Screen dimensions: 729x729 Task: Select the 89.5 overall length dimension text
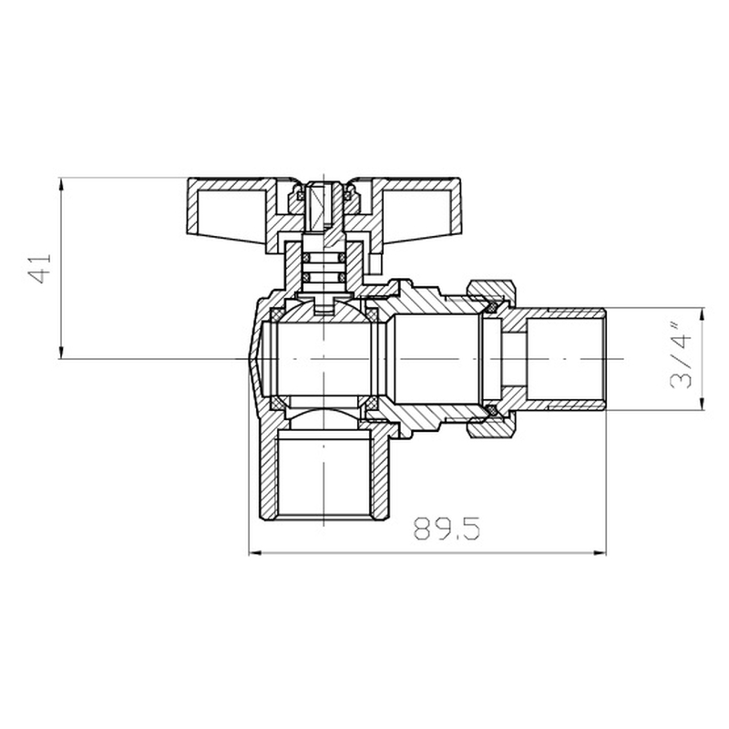coord(446,529)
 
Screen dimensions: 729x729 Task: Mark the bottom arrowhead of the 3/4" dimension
coord(702,405)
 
